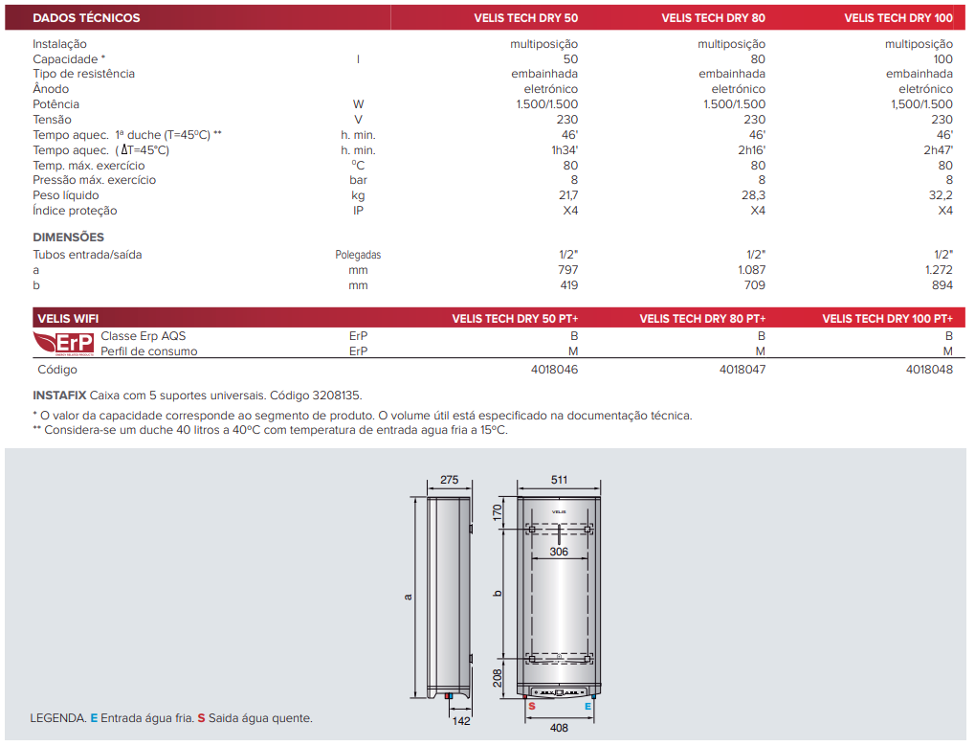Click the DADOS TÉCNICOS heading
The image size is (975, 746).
point(86,17)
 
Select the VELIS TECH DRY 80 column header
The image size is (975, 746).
point(713,17)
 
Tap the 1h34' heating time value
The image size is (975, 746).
point(565,150)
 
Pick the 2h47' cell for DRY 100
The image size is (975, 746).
point(938,150)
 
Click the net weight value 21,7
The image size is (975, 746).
point(567,195)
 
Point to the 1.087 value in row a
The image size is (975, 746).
point(750,270)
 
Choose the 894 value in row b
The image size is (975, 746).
point(942,285)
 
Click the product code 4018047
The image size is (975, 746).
point(742,370)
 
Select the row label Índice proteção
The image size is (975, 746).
point(75,211)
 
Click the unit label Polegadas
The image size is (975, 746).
point(358,255)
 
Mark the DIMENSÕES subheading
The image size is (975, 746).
point(68,237)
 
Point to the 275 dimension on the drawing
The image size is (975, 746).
point(450,480)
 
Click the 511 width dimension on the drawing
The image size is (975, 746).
point(560,480)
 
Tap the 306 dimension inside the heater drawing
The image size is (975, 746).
point(560,552)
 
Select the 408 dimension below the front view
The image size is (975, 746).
point(560,728)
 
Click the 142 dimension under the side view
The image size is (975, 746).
point(461,721)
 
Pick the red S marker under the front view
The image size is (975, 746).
point(531,706)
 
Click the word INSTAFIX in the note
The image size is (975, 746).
point(59,395)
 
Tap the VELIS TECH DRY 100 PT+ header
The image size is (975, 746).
point(887,319)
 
